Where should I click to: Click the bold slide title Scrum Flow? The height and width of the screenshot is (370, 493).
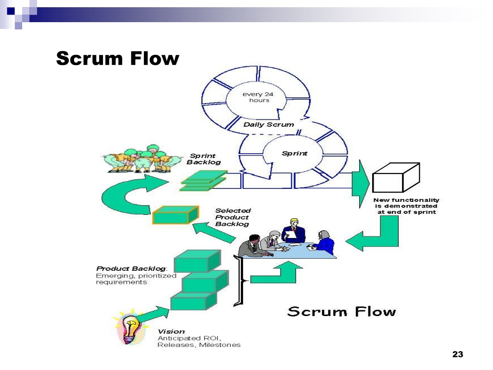coord(117,58)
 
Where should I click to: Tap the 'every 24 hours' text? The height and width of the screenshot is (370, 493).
coord(258,97)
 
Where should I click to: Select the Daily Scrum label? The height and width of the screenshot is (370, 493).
coord(269,125)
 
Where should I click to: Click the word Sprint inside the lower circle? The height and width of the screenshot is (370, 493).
coord(294,153)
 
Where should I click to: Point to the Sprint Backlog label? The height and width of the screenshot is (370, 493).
coord(204,159)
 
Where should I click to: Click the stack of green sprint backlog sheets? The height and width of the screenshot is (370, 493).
coord(204,181)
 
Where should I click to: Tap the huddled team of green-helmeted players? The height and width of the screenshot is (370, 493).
coord(142,159)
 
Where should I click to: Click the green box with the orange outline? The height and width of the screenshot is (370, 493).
coord(175,215)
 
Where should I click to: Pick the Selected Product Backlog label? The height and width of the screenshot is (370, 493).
coord(233,217)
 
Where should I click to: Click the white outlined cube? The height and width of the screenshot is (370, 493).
coord(396,177)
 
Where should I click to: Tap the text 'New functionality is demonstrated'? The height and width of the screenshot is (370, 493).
coord(406,203)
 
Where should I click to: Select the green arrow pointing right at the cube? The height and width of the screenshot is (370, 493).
coord(360,184)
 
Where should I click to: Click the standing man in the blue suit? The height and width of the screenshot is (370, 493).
coord(293,231)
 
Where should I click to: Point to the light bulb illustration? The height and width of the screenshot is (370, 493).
coord(130,328)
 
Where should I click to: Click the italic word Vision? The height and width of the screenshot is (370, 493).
coord(171,331)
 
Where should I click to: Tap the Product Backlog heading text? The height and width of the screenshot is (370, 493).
coord(131,269)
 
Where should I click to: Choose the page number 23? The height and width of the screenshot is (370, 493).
coord(458,354)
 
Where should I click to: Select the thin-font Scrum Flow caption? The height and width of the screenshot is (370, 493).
coord(341,312)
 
